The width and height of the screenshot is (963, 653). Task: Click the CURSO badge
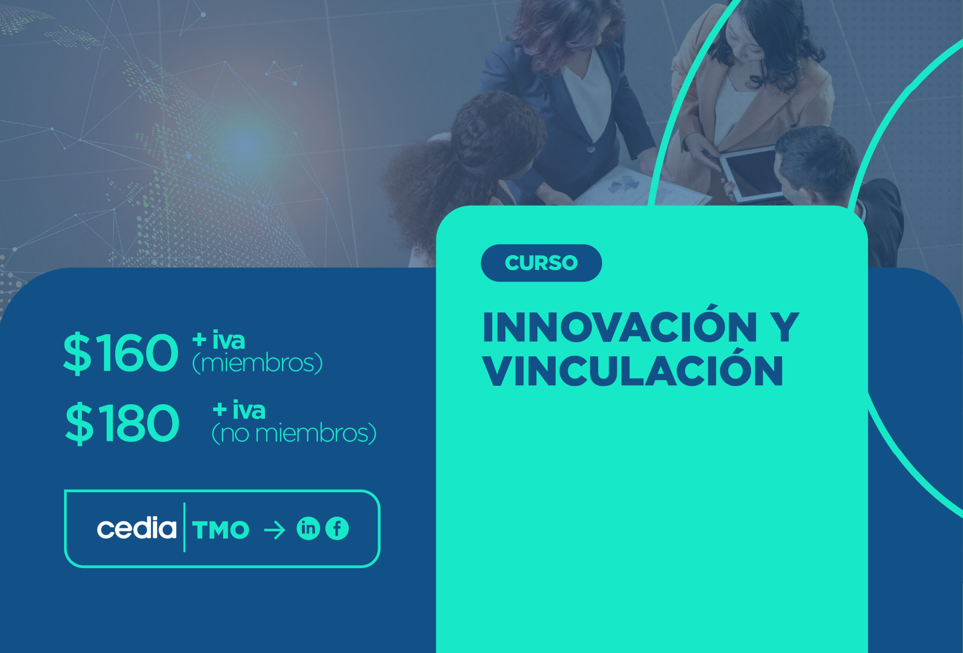tap(541, 263)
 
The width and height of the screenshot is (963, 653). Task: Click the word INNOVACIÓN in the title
tap(620, 327)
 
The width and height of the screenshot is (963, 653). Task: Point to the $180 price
tap(122, 423)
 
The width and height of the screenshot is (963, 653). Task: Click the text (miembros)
tap(257, 363)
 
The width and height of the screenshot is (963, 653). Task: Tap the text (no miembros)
tap(294, 433)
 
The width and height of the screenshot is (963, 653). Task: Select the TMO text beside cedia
tap(220, 530)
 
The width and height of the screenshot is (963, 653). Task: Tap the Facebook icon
tap(337, 528)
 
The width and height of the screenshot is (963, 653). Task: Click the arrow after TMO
tap(275, 530)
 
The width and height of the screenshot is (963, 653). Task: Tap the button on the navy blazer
tap(591, 148)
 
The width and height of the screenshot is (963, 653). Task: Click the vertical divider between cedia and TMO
tap(184, 527)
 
